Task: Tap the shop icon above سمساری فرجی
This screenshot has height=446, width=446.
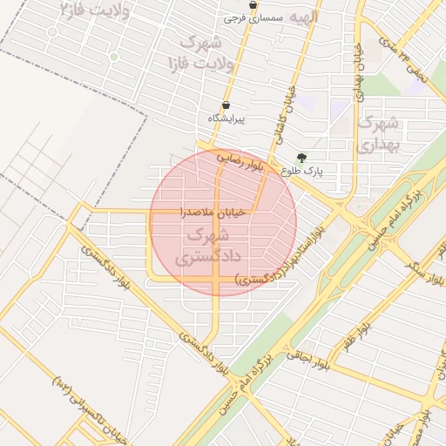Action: (253, 5)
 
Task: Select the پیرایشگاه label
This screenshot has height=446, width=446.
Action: (226, 118)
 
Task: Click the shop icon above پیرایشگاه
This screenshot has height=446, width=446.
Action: (226, 105)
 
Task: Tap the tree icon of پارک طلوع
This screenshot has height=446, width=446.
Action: (301, 158)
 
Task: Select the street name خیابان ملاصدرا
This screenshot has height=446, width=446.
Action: (213, 212)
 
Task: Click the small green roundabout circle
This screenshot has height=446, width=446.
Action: (113, 57)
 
